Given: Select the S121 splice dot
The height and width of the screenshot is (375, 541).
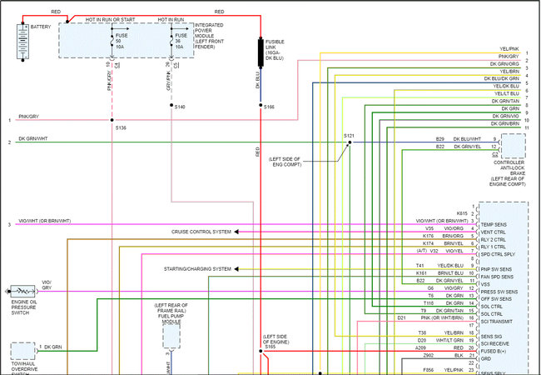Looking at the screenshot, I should coord(350,142).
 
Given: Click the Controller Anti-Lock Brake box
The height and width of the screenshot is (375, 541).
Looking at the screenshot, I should coord(512,147).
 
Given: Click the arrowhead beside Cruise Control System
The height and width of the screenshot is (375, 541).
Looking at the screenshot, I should coord(236,231).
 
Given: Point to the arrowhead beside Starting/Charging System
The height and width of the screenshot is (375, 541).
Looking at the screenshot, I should coord(236,269).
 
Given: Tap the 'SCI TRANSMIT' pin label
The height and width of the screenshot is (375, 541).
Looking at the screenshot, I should coord(497,321).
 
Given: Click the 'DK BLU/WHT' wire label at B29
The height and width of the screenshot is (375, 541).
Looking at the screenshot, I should coord(467,138).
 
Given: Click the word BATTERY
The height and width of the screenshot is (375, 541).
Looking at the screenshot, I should coord(41,27).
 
